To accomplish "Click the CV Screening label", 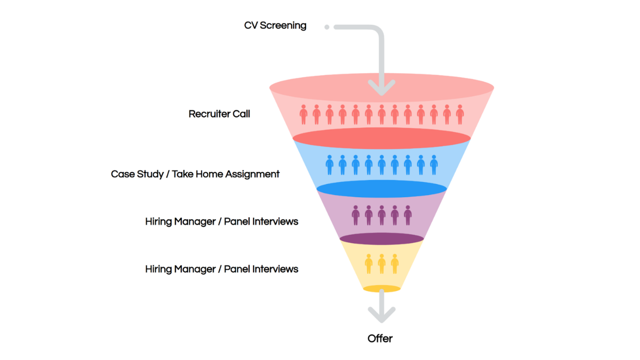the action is [x=275, y=25].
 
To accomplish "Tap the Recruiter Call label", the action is [x=219, y=114].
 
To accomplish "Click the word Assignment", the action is [x=252, y=174].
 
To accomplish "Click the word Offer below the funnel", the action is [x=380, y=338].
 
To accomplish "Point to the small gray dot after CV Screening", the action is [x=327, y=27].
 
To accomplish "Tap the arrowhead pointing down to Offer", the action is [x=381, y=315].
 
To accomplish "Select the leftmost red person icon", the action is [x=303, y=114].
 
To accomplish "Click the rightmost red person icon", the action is [x=460, y=114].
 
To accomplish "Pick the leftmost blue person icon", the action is [x=329, y=165].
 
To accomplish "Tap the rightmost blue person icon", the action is [x=434, y=165].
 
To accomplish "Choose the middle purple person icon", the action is [x=381, y=215].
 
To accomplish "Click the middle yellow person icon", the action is [x=381, y=264].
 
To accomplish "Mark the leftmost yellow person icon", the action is [x=368, y=264].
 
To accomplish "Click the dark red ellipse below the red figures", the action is [x=381, y=138].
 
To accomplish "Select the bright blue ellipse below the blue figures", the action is [x=381, y=189].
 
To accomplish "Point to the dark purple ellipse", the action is [x=381, y=239].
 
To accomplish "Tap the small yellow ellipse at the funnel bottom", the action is [x=381, y=289].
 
